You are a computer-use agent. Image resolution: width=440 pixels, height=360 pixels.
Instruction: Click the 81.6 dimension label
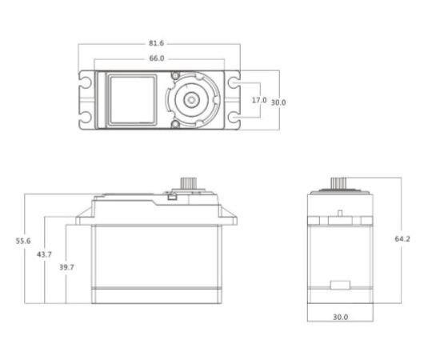(x=156, y=43)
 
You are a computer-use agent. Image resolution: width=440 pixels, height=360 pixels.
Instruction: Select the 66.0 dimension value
(x=157, y=58)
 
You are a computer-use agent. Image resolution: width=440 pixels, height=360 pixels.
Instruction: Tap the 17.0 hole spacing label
(x=259, y=100)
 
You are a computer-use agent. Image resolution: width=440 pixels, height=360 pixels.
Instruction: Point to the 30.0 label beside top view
(x=278, y=102)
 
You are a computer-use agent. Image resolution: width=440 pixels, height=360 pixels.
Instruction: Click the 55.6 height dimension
(x=23, y=241)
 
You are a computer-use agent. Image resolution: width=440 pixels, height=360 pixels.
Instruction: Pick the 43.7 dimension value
(x=44, y=254)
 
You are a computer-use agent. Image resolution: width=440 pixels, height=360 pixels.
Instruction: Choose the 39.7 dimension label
(x=66, y=267)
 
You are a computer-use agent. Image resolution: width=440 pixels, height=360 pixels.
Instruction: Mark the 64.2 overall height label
(x=402, y=239)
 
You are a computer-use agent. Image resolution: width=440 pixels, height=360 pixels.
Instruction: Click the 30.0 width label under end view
(x=340, y=317)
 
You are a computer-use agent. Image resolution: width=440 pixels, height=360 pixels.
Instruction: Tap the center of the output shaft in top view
(x=191, y=100)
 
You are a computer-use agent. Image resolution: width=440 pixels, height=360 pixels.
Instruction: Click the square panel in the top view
(x=132, y=99)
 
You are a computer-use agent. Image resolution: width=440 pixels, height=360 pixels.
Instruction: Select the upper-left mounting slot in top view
(x=85, y=82)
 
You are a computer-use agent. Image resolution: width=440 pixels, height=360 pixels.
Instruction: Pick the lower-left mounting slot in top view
(x=85, y=117)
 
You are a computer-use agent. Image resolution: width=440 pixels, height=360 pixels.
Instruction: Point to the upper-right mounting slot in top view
(x=234, y=82)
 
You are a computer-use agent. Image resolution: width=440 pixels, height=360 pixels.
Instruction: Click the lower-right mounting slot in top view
(x=234, y=118)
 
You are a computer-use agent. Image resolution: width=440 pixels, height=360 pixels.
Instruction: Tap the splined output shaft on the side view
(x=186, y=183)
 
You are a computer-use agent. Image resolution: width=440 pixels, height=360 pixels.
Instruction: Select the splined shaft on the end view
(x=338, y=183)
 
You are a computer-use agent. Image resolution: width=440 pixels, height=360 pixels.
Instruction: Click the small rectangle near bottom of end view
(x=340, y=285)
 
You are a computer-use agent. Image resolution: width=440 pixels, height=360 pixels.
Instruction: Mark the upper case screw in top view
(x=176, y=75)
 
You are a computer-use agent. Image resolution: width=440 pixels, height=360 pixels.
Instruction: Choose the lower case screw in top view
(x=176, y=124)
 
